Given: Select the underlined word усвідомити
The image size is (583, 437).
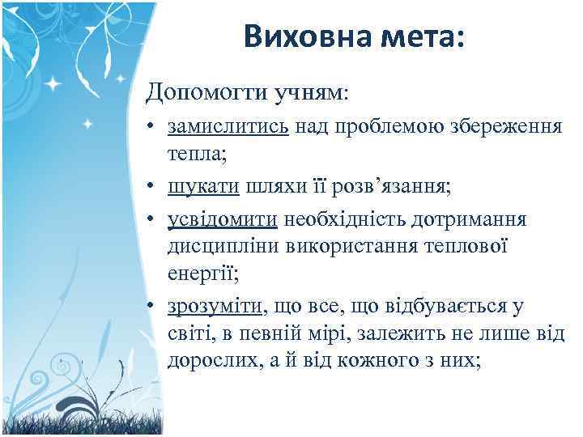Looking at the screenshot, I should click(x=223, y=219).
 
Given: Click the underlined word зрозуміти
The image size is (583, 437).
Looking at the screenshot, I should click(x=215, y=305).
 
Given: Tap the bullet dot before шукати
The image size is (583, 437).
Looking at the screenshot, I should click(x=152, y=187).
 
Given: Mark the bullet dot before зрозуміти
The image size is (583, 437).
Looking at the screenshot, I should click(x=152, y=307).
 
